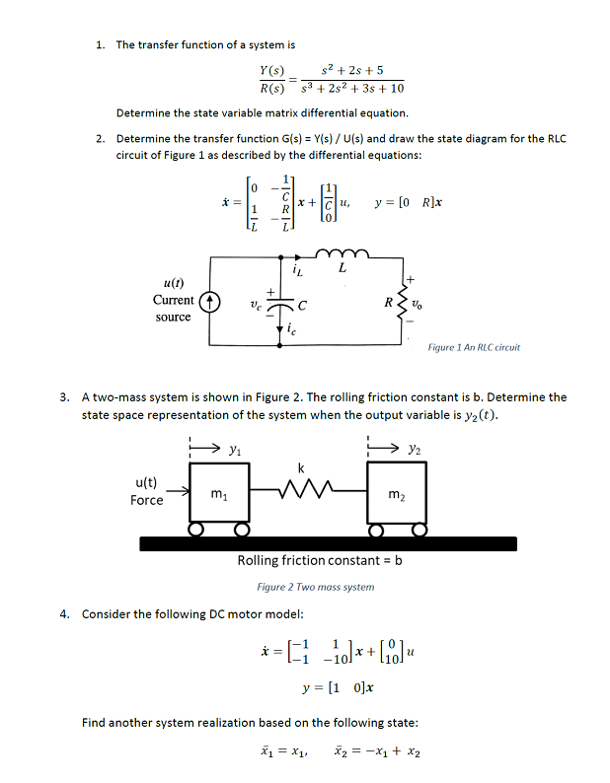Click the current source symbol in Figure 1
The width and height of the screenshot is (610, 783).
[x=206, y=300]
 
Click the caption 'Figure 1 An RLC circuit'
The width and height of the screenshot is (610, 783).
[x=474, y=347]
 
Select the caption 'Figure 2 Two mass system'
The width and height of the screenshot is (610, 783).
[x=316, y=587]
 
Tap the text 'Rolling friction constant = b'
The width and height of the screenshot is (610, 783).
[x=321, y=560]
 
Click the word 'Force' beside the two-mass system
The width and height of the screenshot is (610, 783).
[x=146, y=500]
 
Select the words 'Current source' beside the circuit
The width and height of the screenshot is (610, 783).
[x=173, y=308]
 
